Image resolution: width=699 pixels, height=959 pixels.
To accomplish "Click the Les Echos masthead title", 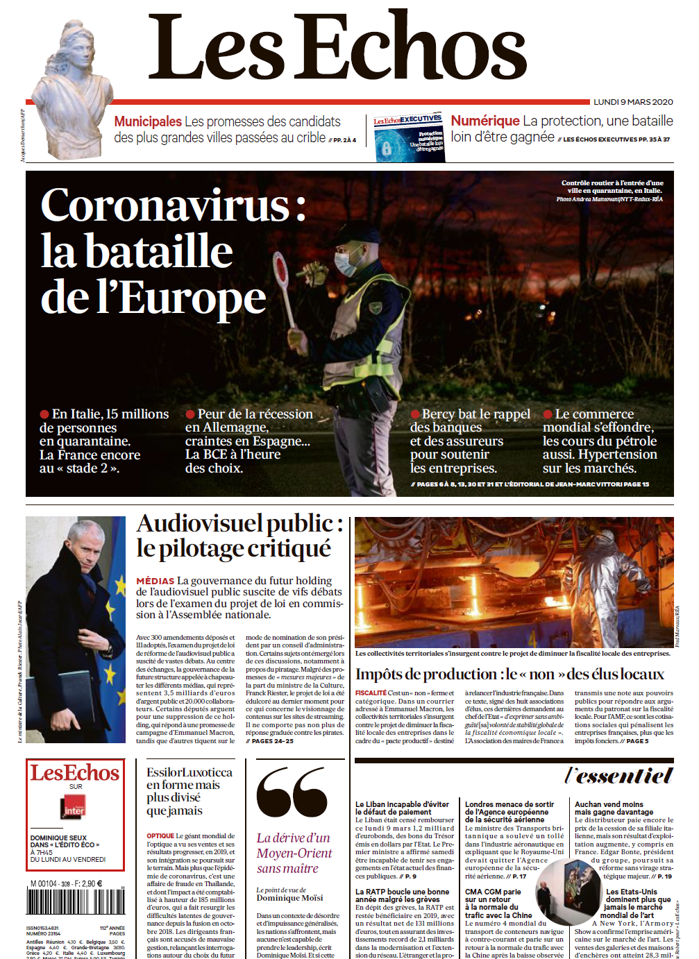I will tap(337, 47).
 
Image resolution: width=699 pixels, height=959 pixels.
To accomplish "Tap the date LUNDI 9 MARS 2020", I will tap(632, 102).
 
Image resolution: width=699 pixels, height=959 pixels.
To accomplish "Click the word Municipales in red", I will tap(148, 121).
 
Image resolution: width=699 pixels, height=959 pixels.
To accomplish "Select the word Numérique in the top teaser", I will tap(485, 121).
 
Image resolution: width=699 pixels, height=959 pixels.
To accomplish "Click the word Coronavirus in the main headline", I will tap(165, 205).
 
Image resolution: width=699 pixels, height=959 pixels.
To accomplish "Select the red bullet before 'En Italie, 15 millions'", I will tap(44, 414).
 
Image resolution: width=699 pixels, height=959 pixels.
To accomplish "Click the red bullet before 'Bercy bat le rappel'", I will tap(415, 414).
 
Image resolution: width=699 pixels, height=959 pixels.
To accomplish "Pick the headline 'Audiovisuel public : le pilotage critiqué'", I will tap(239, 535).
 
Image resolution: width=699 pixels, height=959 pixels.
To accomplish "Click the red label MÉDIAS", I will tap(155, 581).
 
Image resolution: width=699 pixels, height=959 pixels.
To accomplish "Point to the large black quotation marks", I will tap(292, 792).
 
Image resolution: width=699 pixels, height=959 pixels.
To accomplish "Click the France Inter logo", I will tap(74, 807).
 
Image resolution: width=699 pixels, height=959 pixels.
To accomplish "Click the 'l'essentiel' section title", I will tap(618, 775).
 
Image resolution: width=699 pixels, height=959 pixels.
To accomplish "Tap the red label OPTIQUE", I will tap(160, 836).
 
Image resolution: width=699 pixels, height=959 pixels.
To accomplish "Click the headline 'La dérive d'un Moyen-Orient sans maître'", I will tap(294, 853).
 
